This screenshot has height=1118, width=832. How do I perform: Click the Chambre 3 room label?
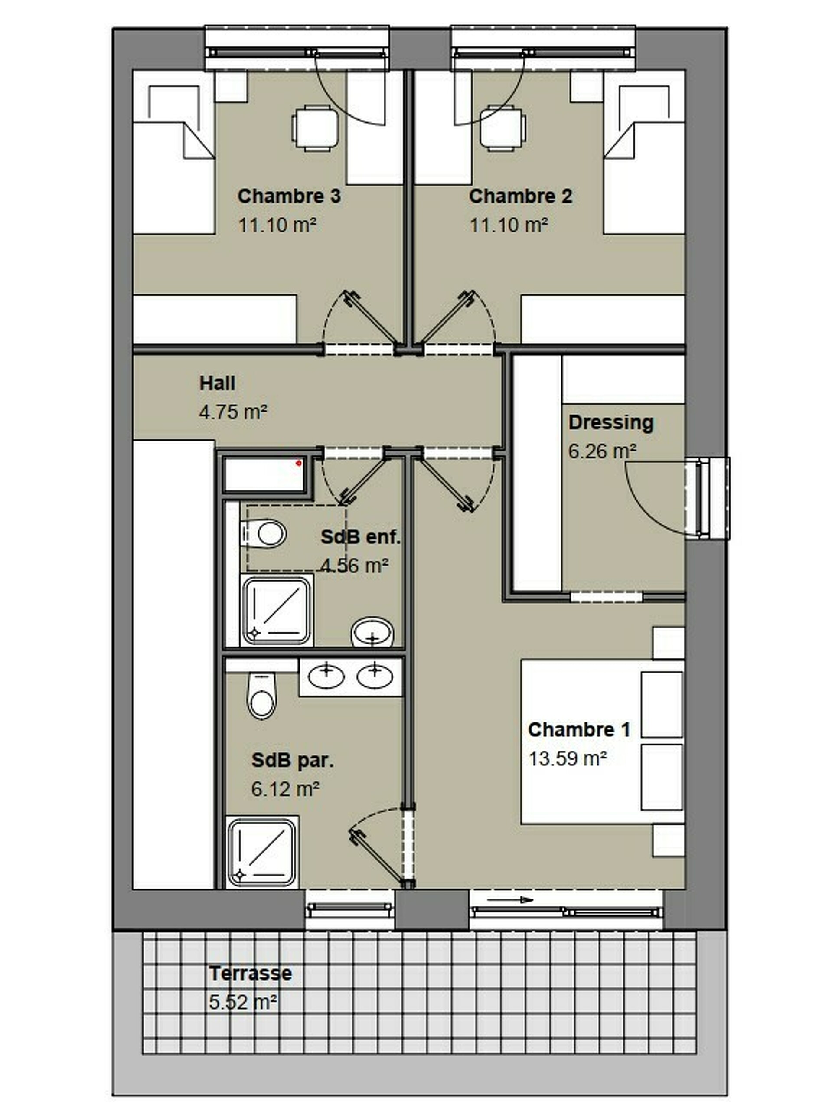(289, 196)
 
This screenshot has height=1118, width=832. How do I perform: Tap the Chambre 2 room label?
(520, 196)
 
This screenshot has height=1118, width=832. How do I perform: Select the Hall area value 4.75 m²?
(233, 412)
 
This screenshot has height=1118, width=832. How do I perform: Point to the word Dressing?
(611, 423)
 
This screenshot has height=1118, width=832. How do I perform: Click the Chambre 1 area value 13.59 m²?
(567, 758)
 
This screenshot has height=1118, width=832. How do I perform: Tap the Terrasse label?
(250, 973)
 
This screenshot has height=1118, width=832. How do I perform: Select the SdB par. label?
(293, 760)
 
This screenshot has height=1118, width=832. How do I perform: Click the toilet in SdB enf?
(264, 533)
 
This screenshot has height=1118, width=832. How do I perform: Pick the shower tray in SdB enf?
(277, 611)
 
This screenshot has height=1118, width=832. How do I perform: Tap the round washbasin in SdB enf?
(372, 632)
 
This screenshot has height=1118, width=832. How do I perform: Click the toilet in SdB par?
(261, 696)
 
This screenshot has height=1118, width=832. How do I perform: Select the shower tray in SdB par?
(262, 852)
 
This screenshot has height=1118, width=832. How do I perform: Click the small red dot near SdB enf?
(299, 463)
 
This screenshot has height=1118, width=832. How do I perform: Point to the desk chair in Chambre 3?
(315, 128)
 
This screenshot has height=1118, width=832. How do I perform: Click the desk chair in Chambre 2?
(502, 128)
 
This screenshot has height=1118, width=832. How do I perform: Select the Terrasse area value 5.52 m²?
(243, 1002)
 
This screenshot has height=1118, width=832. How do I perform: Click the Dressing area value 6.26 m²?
(602, 451)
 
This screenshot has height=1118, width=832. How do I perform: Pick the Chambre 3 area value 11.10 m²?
(277, 225)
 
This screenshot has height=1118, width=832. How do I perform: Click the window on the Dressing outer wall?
(708, 498)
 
